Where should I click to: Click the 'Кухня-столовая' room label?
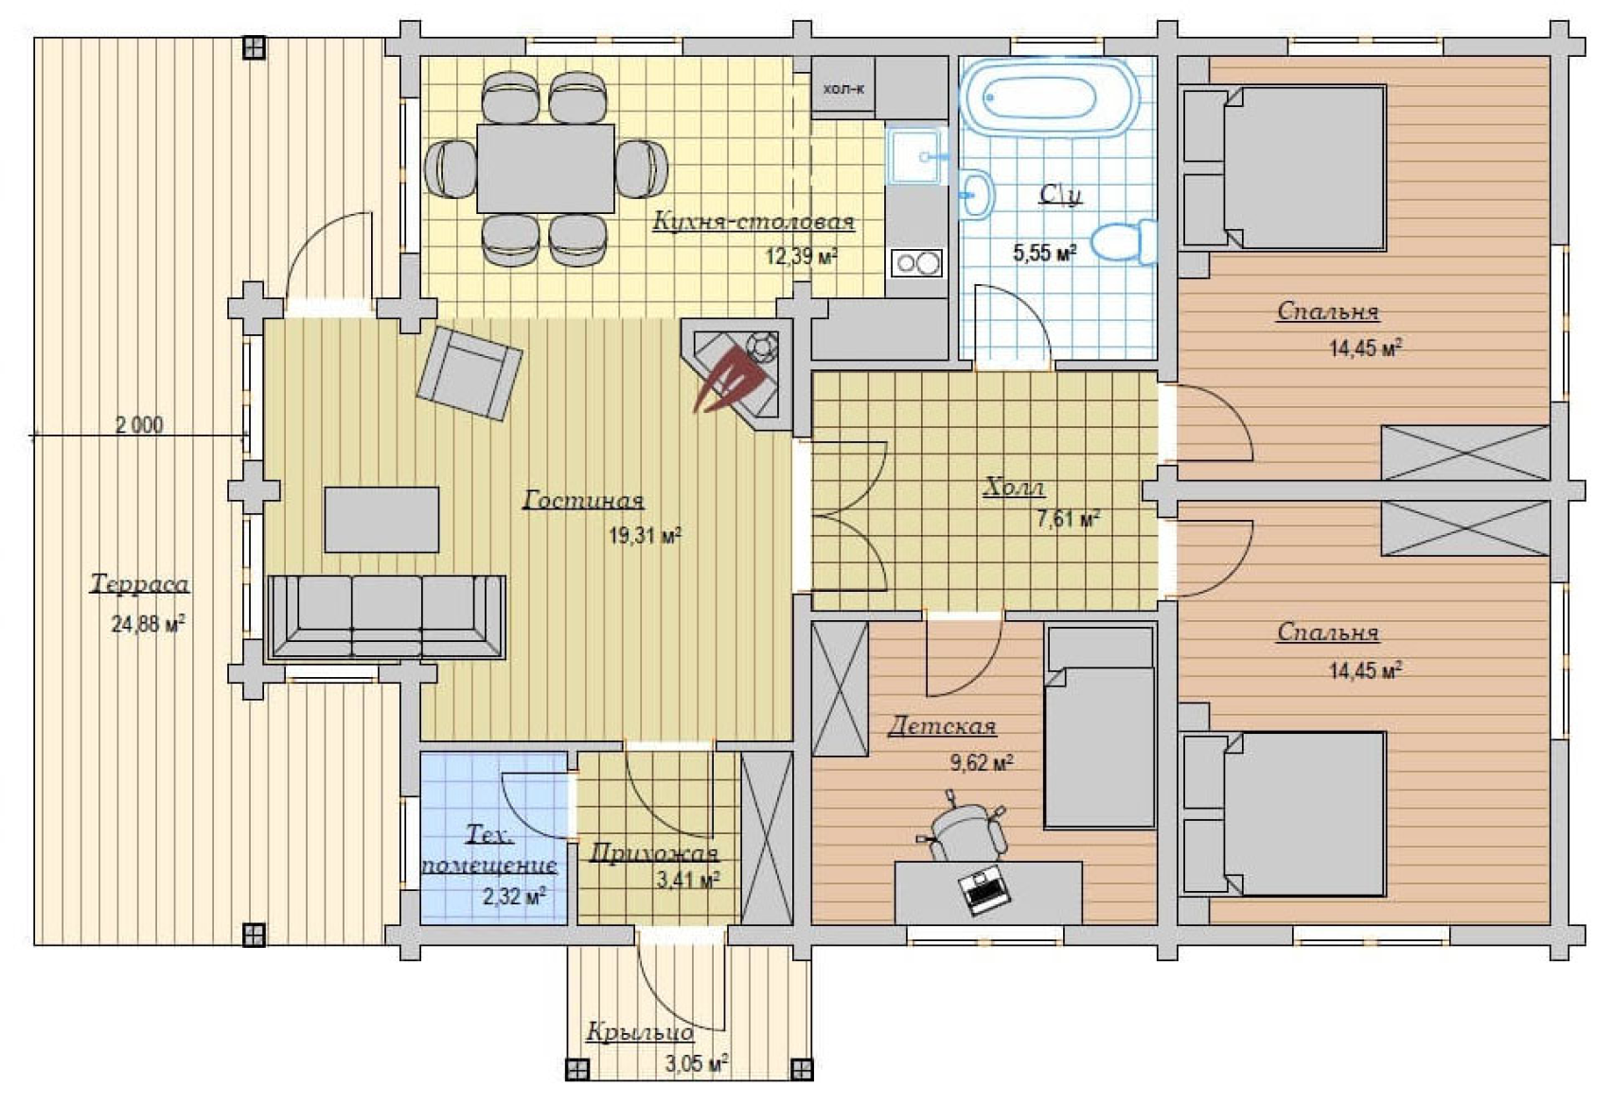point(753,222)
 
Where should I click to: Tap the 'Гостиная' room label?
point(583,500)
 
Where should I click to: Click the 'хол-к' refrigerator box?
point(843,89)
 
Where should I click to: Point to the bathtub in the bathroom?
point(1050,98)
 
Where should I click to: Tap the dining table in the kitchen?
point(546,169)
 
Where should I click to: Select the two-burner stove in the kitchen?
point(916,263)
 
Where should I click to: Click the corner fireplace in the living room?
point(736,375)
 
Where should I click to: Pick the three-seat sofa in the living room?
point(387,617)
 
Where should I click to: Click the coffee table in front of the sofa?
point(381,520)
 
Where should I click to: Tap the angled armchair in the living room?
point(470,373)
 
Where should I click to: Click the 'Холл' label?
point(1014,488)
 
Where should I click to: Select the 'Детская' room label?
point(942,725)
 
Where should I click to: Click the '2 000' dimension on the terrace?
point(140,425)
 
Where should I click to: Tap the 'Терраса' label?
point(140,583)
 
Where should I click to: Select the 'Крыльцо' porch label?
point(640,1032)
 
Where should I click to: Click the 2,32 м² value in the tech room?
point(513,896)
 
